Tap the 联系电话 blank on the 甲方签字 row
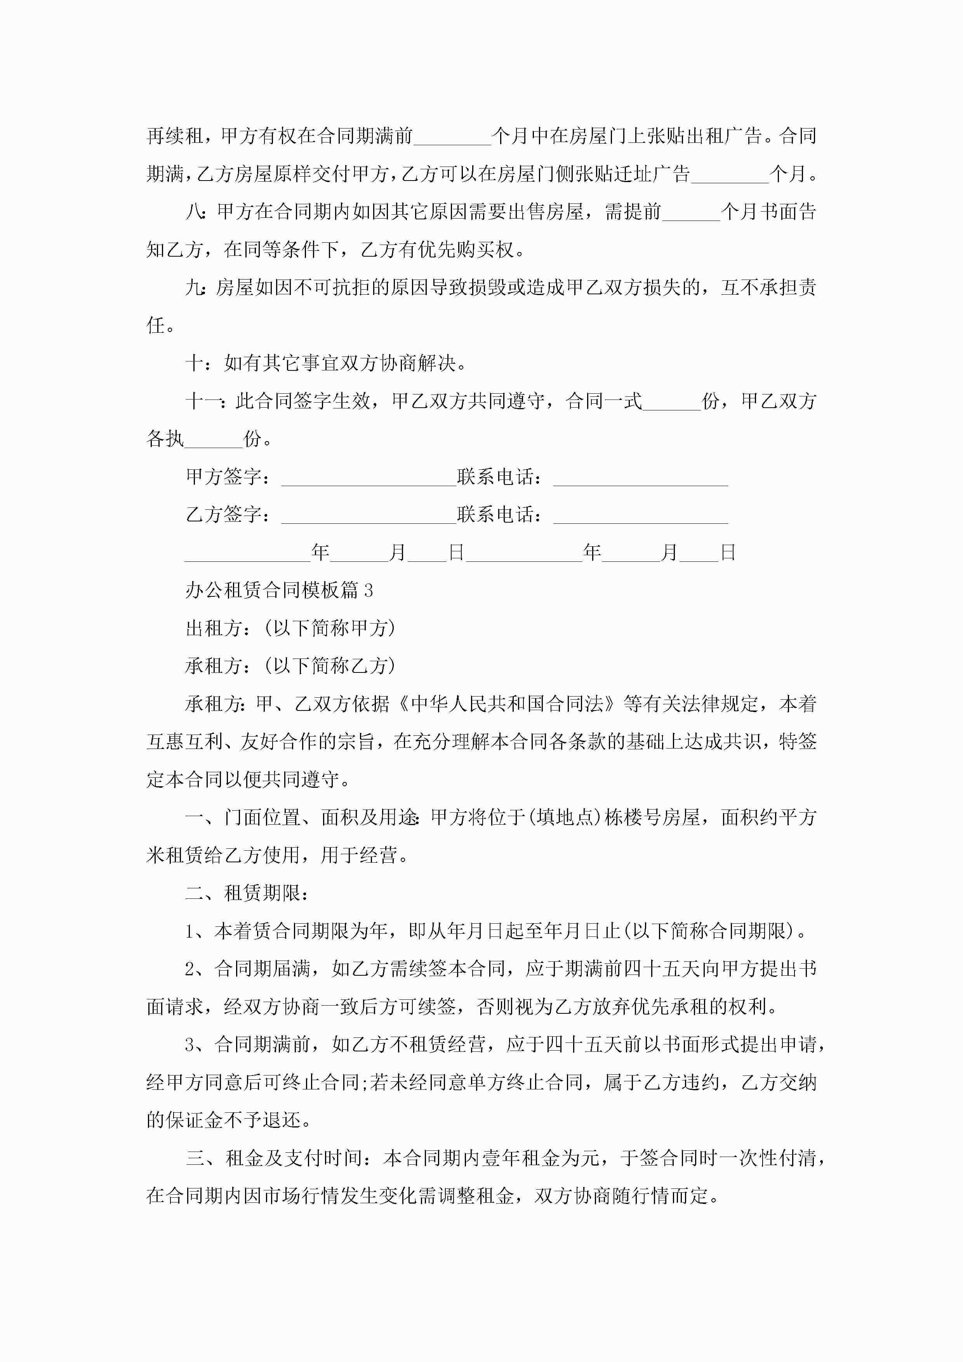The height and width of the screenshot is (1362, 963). (640, 478)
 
